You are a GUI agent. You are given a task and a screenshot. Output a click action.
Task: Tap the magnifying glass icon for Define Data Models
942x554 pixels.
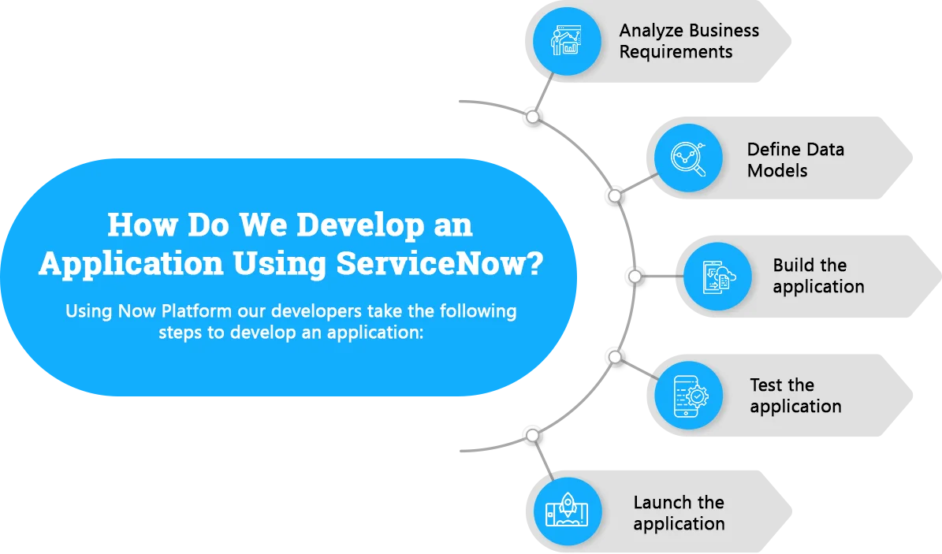(x=688, y=158)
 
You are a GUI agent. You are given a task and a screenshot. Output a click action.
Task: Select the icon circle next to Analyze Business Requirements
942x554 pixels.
(x=567, y=41)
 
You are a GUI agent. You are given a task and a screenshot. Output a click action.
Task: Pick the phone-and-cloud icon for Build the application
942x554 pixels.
(x=717, y=277)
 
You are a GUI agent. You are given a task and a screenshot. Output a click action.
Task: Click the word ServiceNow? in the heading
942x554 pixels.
(x=439, y=263)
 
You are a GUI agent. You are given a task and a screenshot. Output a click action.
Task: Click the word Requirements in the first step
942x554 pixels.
(x=676, y=52)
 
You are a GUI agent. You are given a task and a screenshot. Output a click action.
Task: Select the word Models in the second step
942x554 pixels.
(x=776, y=171)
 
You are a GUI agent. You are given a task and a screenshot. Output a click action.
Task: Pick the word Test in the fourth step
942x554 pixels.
(x=765, y=385)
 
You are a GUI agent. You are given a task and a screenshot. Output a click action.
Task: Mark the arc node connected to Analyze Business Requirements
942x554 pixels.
(x=532, y=117)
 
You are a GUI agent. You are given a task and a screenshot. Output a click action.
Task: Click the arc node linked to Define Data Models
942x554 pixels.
(x=615, y=196)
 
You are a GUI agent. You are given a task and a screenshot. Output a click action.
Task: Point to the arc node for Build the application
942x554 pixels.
(x=635, y=277)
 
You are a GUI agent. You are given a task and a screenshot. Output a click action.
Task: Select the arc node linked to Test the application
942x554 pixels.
(x=615, y=358)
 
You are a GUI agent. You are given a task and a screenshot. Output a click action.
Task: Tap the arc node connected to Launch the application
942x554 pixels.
(x=532, y=435)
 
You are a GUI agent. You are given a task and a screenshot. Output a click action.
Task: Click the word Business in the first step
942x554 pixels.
(x=724, y=31)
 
